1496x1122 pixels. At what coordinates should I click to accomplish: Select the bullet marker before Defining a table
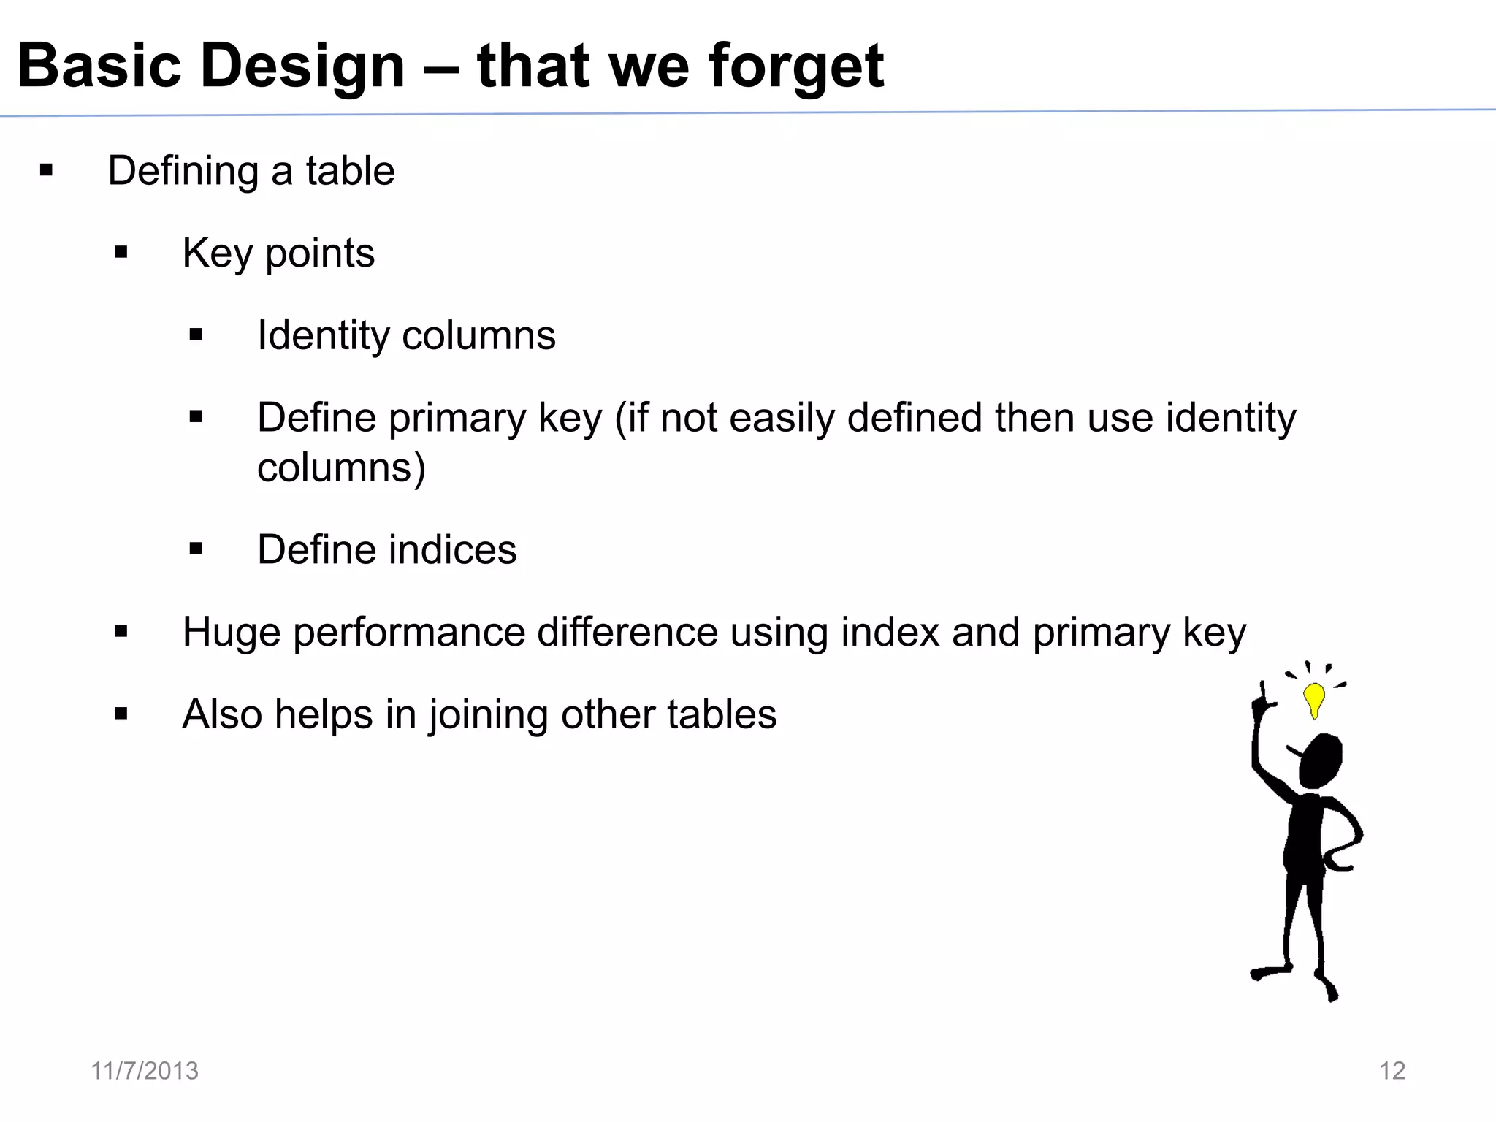[47, 171]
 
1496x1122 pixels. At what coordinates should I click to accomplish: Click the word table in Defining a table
[350, 171]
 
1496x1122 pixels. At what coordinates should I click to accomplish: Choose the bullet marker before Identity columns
[195, 335]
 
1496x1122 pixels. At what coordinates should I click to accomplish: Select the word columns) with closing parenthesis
[341, 467]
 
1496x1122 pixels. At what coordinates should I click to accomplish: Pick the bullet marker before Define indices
[195, 549]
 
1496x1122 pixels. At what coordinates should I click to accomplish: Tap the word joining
[488, 715]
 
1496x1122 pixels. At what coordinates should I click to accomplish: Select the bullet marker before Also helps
[121, 714]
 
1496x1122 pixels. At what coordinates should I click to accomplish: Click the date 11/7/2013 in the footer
[145, 1071]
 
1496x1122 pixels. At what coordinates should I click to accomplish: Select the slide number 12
[1392, 1071]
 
